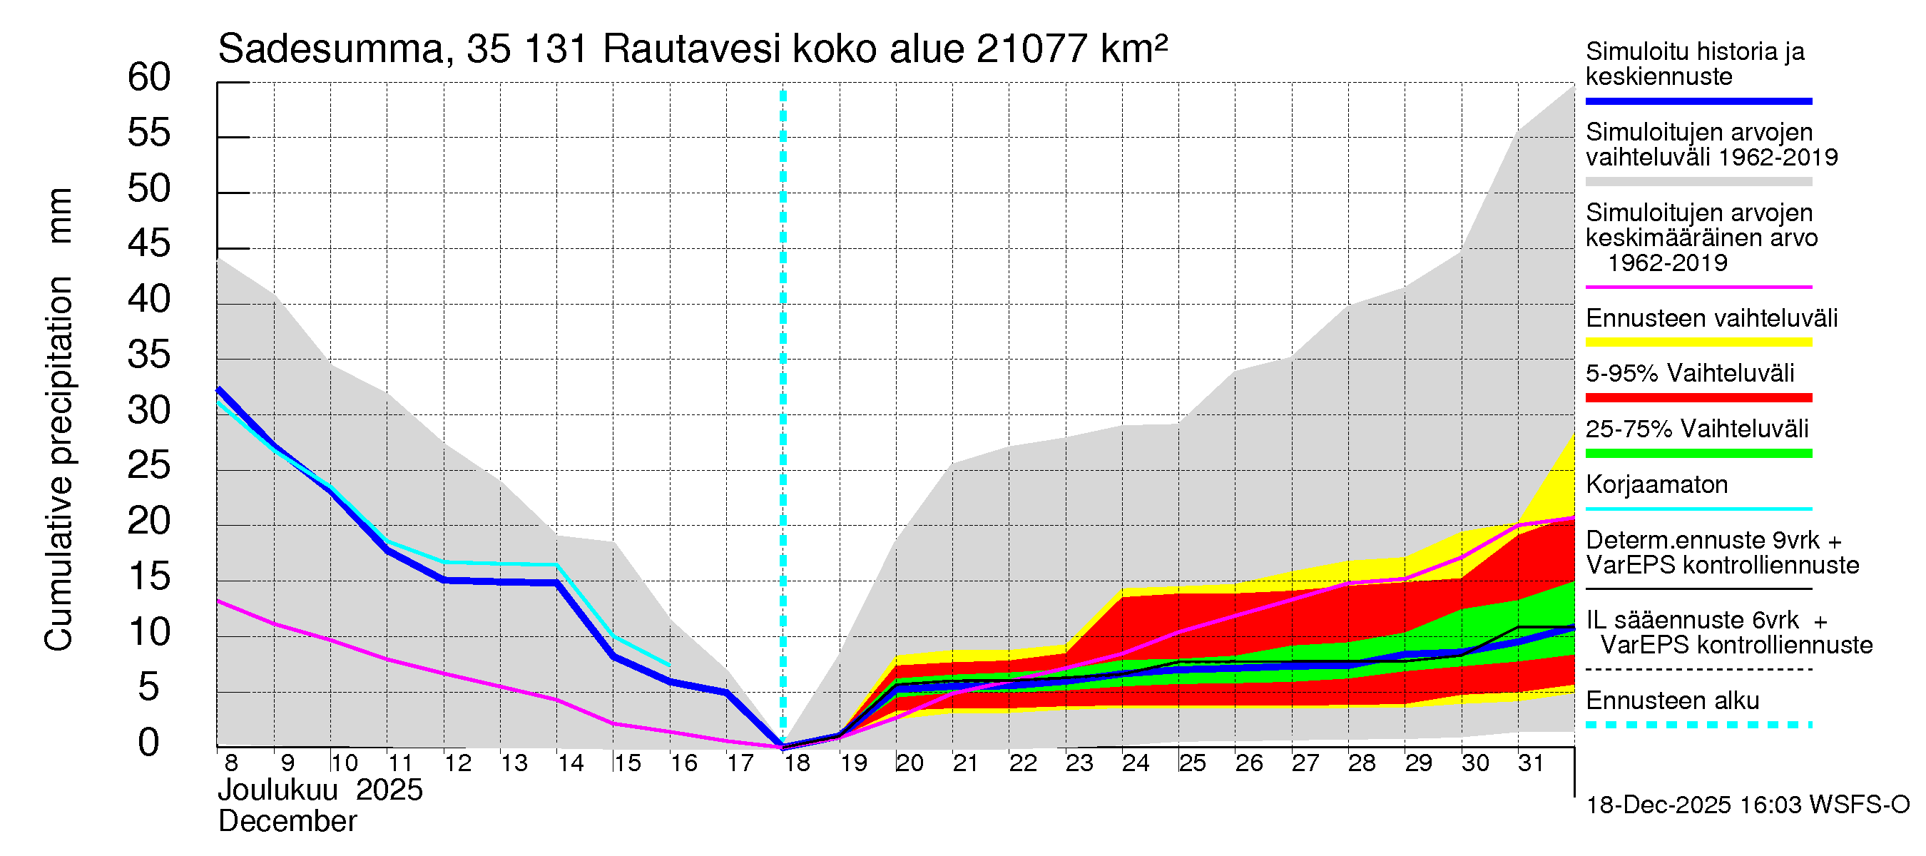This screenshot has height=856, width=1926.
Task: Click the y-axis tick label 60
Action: click(x=149, y=77)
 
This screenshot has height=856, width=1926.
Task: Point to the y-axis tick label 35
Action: click(x=149, y=355)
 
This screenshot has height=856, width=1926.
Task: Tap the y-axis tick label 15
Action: click(x=149, y=576)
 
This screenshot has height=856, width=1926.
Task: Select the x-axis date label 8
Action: click(x=231, y=763)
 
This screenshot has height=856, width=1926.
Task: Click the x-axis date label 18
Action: click(x=797, y=763)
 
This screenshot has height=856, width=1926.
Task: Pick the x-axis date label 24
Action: click(x=1135, y=763)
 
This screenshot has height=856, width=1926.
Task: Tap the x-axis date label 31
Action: click(x=1531, y=763)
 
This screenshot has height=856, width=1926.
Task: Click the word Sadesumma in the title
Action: click(x=331, y=50)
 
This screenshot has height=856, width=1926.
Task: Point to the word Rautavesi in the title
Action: click(x=692, y=50)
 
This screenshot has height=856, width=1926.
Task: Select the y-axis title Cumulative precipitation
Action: click(x=58, y=464)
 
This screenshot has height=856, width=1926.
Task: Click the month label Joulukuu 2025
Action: click(x=320, y=790)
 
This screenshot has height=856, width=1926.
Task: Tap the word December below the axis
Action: click(x=287, y=822)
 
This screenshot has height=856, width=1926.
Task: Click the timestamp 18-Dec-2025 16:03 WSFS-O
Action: click(x=1747, y=805)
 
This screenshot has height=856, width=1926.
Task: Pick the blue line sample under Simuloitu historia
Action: click(x=1698, y=101)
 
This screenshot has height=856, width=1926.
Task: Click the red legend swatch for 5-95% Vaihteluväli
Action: click(x=1698, y=398)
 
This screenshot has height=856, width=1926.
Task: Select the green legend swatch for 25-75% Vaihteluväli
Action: click(x=1698, y=453)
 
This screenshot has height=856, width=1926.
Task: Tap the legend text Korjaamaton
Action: click(x=1656, y=484)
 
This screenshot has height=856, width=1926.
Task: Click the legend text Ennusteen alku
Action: click(x=1672, y=700)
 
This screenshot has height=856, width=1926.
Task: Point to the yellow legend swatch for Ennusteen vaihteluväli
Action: click(x=1698, y=342)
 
